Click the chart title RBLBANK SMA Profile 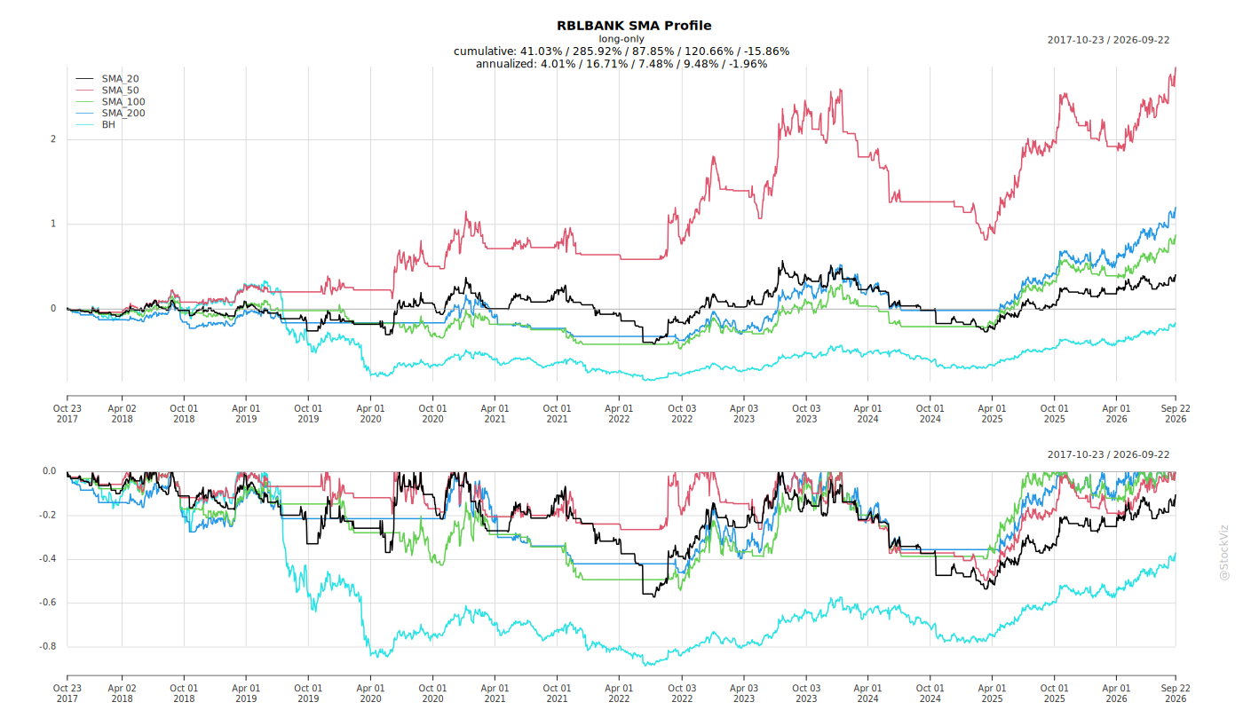pyautogui.click(x=634, y=26)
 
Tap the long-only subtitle pyautogui.click(x=621, y=39)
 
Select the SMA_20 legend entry pyautogui.click(x=107, y=79)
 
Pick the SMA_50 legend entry pyautogui.click(x=107, y=91)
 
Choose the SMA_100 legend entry pyautogui.click(x=110, y=101)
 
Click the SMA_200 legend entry pyautogui.click(x=110, y=114)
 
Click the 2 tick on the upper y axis pyautogui.click(x=53, y=139)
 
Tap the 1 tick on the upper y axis pyautogui.click(x=53, y=224)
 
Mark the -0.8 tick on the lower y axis pyautogui.click(x=48, y=646)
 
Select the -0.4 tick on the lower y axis pyautogui.click(x=48, y=558)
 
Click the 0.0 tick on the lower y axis pyautogui.click(x=50, y=471)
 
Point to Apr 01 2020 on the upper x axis pyautogui.click(x=371, y=414)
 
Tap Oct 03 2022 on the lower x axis pyautogui.click(x=682, y=693)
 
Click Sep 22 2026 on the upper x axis pyautogui.click(x=1176, y=414)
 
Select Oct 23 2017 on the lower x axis pyautogui.click(x=67, y=693)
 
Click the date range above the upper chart pyautogui.click(x=1108, y=40)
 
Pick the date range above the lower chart pyautogui.click(x=1108, y=454)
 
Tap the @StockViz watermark pyautogui.click(x=1224, y=552)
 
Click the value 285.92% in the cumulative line pyautogui.click(x=596, y=51)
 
